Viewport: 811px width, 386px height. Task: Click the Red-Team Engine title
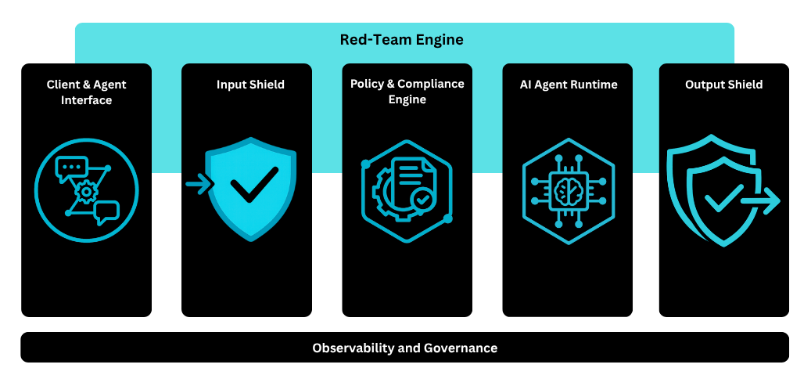click(x=401, y=40)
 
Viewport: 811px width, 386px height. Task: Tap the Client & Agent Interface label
click(x=86, y=92)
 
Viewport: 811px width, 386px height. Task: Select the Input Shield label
click(x=250, y=85)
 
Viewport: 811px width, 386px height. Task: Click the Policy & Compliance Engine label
click(x=407, y=92)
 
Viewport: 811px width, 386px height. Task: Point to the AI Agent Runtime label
click(x=569, y=85)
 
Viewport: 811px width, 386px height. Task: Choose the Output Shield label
click(x=723, y=85)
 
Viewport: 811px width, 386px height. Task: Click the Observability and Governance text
click(x=404, y=348)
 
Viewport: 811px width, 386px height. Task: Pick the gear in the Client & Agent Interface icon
click(x=85, y=190)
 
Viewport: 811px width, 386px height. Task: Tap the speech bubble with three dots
click(x=72, y=168)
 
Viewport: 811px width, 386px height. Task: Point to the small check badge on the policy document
click(x=423, y=200)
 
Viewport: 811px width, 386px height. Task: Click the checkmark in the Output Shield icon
click(x=723, y=200)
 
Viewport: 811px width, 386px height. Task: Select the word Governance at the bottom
click(x=461, y=348)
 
